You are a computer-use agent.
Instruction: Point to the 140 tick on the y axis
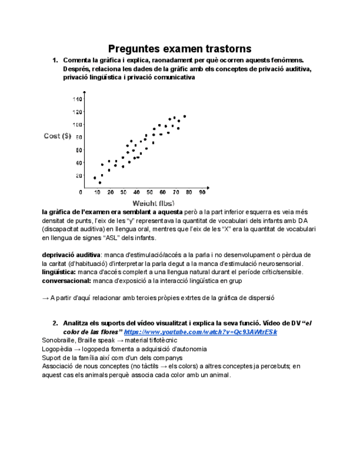tap(76, 99)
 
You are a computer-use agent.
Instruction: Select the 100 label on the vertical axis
tap(76, 125)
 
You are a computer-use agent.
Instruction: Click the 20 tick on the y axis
tap(78, 176)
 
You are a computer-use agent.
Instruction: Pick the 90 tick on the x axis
tap(202, 192)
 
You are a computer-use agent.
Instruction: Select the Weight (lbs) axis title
tap(153, 203)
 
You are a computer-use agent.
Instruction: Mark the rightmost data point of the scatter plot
tap(185, 116)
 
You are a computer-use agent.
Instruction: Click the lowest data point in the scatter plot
tap(100, 182)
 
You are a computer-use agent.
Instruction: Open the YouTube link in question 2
tap(201, 332)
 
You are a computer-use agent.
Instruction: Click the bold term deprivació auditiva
tap(71, 255)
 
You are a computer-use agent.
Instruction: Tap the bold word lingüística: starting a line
tap(59, 272)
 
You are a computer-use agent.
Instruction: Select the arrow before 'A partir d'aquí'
tap(46, 298)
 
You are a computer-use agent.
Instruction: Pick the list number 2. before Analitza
tap(55, 323)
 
